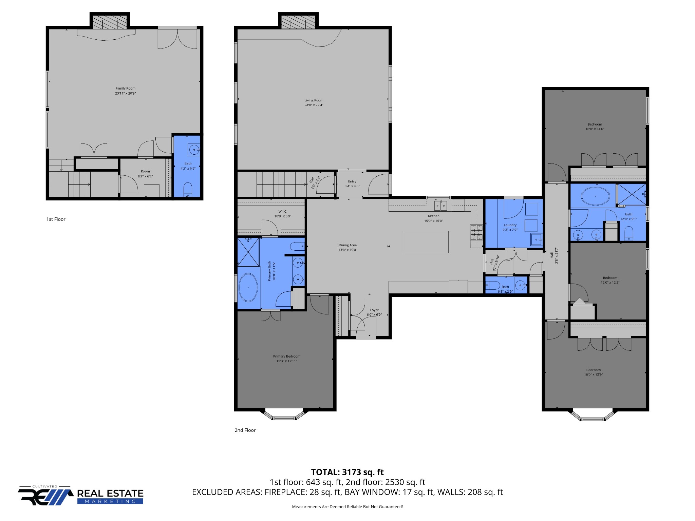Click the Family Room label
[x=125, y=89]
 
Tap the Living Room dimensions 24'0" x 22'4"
[x=314, y=105]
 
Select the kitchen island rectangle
[x=425, y=242]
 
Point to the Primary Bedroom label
[x=287, y=356]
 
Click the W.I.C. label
[x=282, y=212]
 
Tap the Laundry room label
[x=510, y=225]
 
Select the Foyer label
[x=374, y=310]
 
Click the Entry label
[x=352, y=181]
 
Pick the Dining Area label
[x=347, y=245]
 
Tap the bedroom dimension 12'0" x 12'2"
[x=610, y=283]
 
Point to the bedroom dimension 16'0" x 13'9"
[x=593, y=375]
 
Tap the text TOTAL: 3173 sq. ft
[x=347, y=472]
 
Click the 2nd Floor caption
[x=245, y=430]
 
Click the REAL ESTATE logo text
[x=110, y=493]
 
